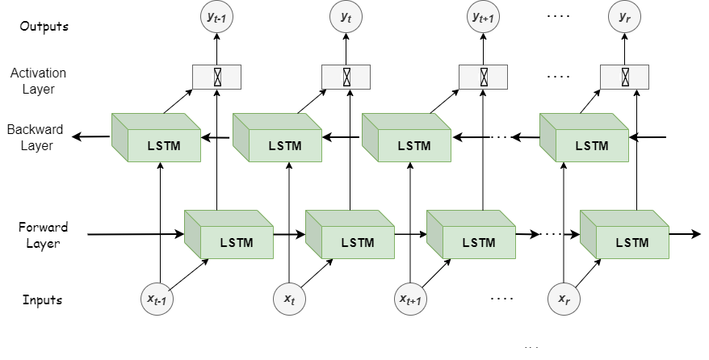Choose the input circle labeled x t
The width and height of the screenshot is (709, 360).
289,299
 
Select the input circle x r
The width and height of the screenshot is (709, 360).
564,299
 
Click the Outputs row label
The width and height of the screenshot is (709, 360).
45,26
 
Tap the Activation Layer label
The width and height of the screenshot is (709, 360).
38,81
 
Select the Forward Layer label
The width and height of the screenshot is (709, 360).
43,235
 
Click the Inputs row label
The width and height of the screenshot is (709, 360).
43,300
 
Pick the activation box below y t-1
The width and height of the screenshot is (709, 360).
216,77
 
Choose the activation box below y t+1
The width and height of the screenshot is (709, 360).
483,77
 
